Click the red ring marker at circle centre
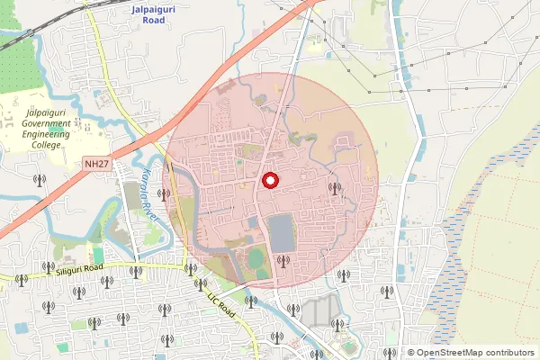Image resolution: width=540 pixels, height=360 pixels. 269,181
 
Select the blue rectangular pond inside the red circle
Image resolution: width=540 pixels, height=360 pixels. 281,232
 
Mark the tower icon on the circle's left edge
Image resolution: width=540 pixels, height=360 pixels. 166,193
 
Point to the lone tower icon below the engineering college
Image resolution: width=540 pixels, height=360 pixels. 38,179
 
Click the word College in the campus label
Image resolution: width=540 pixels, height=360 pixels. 44,143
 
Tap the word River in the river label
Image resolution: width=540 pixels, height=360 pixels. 153,209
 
